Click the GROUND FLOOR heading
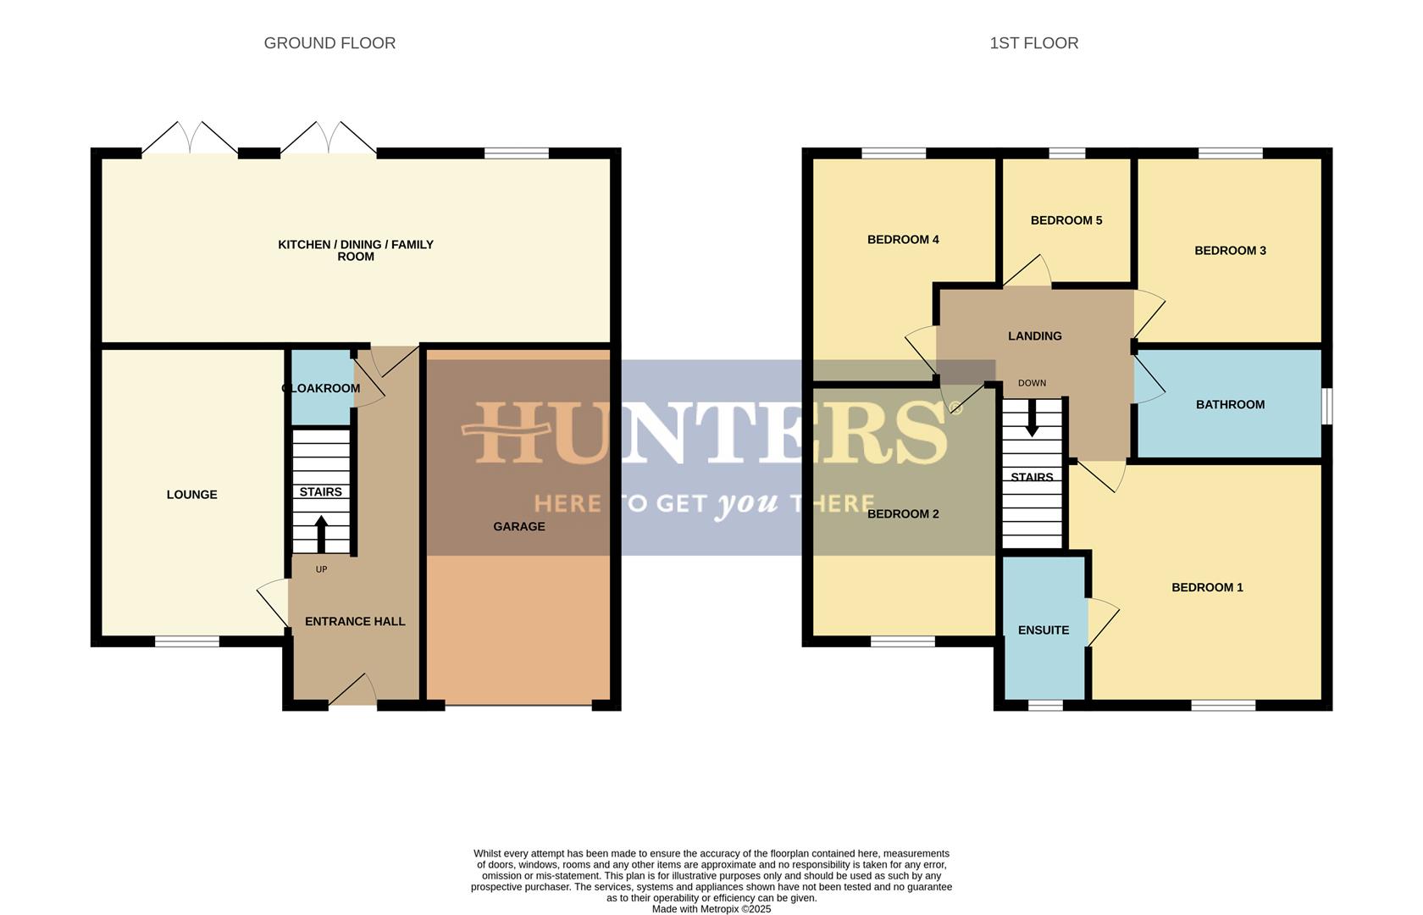329,43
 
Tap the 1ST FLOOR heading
1033,43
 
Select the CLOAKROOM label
321,389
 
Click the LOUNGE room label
192,495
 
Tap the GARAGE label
519,527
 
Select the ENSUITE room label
1044,630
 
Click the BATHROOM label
1230,405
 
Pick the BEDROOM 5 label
1066,221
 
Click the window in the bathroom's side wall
1327,405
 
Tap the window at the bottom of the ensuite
1045,705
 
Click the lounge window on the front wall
187,641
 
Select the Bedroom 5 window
1066,153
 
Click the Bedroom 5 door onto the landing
1027,272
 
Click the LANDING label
1034,336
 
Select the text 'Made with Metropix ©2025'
711,909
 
